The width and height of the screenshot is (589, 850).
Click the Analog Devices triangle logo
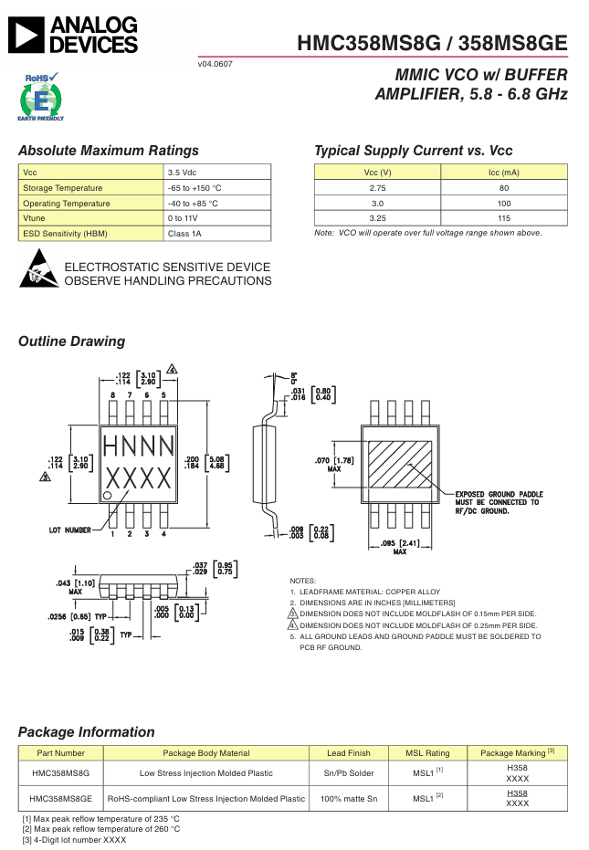(x=26, y=36)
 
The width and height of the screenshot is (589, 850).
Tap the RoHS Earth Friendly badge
(x=41, y=97)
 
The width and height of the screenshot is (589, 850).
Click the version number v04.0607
(x=216, y=64)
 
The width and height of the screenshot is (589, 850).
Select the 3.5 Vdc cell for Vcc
(x=217, y=173)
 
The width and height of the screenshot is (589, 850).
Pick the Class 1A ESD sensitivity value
(x=217, y=234)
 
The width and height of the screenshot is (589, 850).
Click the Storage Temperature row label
(x=62, y=188)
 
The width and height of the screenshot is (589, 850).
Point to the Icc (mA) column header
(x=504, y=173)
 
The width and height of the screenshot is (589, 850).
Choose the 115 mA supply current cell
(x=504, y=218)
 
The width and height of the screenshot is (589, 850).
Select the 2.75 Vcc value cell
(x=377, y=188)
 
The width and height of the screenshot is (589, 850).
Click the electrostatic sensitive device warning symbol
(x=38, y=268)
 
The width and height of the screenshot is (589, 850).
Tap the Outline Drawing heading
(x=71, y=341)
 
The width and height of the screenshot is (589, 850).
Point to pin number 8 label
(x=113, y=395)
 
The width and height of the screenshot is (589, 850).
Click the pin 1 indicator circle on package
(x=108, y=495)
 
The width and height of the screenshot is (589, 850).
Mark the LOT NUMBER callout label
(x=70, y=530)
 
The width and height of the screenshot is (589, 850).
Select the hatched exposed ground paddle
(x=400, y=465)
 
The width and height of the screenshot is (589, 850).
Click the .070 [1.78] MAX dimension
(x=334, y=464)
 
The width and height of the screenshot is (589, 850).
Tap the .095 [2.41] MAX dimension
(x=400, y=547)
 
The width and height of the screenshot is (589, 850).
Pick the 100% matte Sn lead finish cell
(x=349, y=799)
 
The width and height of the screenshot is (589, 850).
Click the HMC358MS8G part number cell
(x=61, y=773)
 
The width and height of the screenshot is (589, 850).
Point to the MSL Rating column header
(x=428, y=753)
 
